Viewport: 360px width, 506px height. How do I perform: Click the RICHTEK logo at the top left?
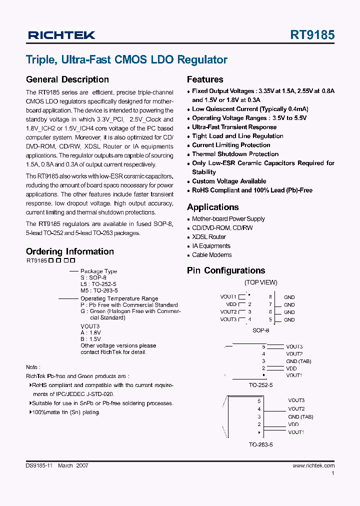click(x=61, y=35)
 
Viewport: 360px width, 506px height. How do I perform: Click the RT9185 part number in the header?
click(x=312, y=35)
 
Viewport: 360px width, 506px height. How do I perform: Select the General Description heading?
click(x=67, y=79)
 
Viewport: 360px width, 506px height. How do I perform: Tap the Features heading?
click(x=205, y=79)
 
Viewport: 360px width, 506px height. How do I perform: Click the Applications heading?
click(x=212, y=207)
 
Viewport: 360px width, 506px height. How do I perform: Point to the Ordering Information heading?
click(x=69, y=251)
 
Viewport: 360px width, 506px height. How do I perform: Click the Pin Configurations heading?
click(x=226, y=270)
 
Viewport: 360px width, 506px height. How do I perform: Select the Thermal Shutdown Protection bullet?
click(x=235, y=154)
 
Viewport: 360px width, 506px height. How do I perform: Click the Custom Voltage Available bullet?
click(x=229, y=181)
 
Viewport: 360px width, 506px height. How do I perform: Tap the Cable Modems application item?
click(x=211, y=255)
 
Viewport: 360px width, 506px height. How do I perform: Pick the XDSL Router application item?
click(x=209, y=237)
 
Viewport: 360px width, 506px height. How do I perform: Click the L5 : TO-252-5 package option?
click(x=98, y=284)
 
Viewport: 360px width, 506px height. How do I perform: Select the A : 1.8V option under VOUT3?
click(x=90, y=332)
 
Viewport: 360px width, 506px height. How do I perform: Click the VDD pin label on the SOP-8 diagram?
click(x=231, y=304)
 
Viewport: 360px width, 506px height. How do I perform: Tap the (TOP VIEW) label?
click(x=260, y=282)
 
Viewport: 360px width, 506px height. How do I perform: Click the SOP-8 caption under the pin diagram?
click(x=260, y=330)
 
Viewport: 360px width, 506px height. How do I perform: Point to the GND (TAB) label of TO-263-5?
click(x=300, y=416)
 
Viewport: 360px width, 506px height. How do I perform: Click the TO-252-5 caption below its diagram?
click(x=260, y=385)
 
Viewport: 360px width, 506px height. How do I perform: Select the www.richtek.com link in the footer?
click(x=313, y=465)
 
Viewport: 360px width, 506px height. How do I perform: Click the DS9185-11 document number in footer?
click(x=39, y=465)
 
